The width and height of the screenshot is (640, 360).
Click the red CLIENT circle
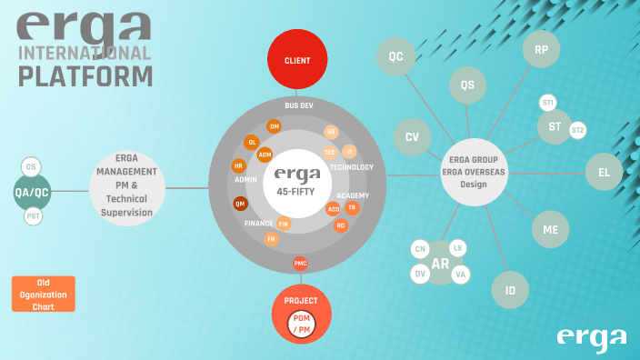297,61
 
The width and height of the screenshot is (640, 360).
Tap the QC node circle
395,56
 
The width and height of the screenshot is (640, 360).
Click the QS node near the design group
467,85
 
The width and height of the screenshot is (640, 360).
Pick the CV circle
412,136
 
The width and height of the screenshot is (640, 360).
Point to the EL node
604,170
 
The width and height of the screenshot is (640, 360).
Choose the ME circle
550,229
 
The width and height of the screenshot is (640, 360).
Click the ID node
510,291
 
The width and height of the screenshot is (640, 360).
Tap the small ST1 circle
547,103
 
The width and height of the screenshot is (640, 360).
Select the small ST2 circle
577,131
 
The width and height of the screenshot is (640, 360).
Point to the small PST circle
34,215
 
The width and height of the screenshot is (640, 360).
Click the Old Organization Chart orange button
44,294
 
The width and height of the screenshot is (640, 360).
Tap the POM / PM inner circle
300,322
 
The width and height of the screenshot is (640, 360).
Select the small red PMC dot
300,264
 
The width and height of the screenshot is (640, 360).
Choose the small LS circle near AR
458,248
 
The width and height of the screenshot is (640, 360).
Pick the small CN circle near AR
420,249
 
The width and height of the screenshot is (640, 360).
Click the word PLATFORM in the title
86,75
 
